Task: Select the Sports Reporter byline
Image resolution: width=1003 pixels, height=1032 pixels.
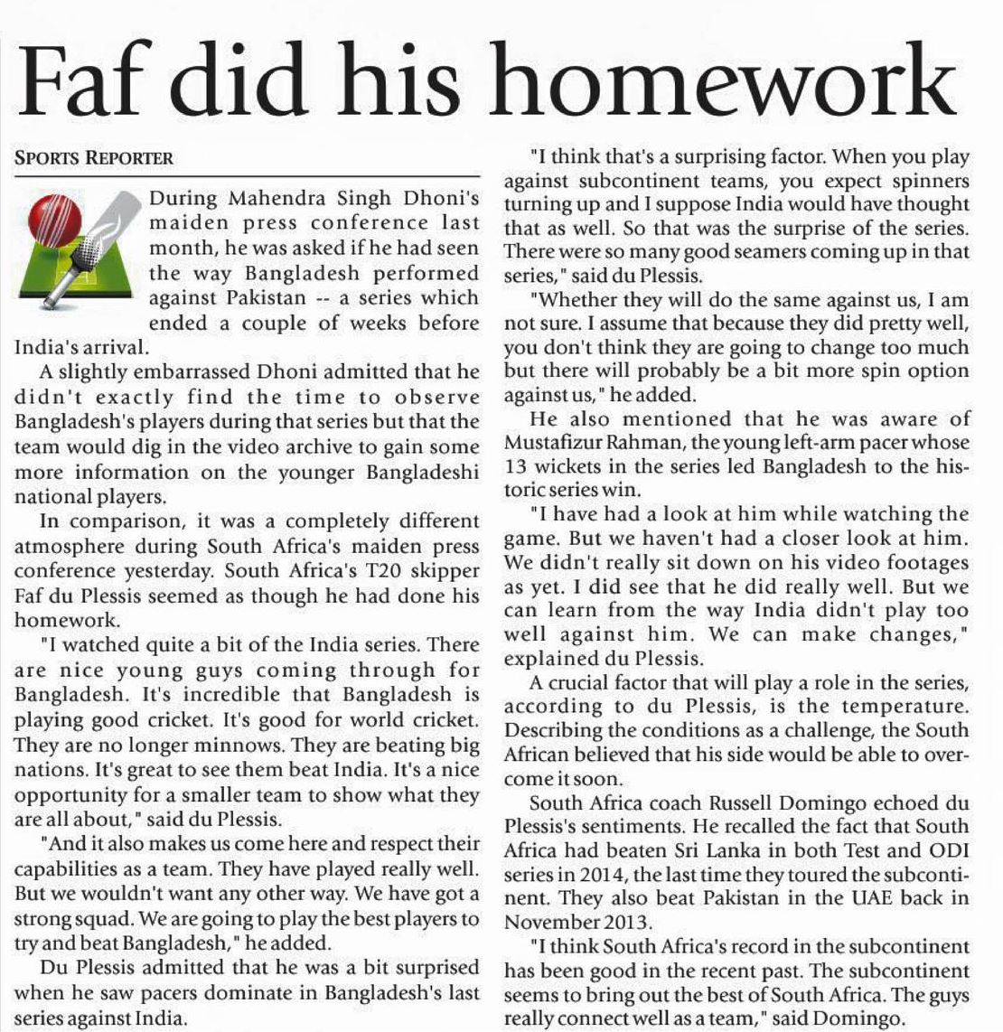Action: point(94,157)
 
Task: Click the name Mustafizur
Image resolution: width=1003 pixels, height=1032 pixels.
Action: point(557,444)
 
